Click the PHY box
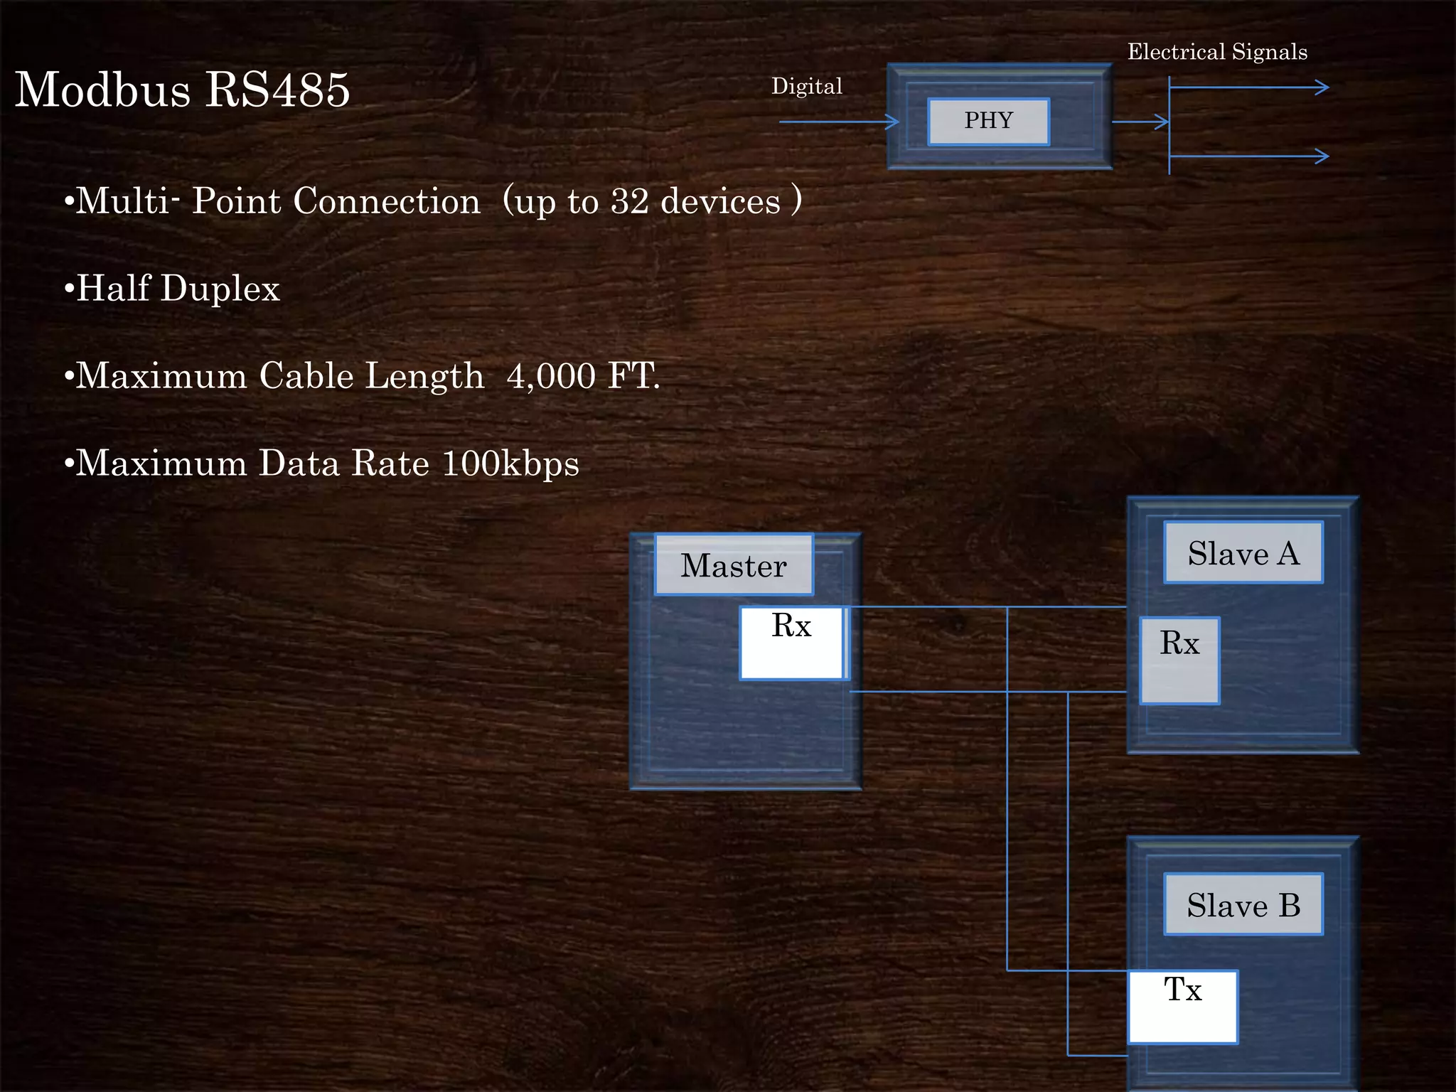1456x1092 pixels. (988, 122)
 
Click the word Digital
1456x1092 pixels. (807, 87)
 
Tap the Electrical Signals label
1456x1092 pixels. (1217, 52)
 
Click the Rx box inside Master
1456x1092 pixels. (792, 643)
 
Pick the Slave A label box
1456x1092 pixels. (1243, 553)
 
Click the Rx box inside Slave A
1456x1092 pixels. (1179, 660)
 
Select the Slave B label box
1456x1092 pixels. (1243, 905)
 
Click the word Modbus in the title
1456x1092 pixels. (103, 90)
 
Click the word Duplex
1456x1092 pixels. (220, 289)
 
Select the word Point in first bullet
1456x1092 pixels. (237, 202)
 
